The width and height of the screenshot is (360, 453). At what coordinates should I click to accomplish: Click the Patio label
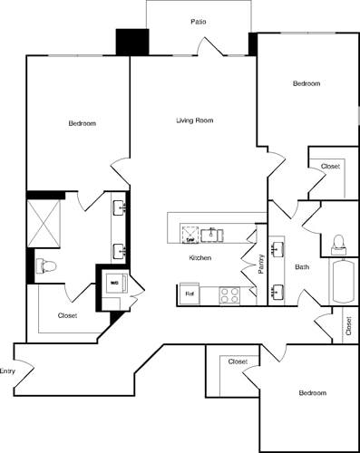198,20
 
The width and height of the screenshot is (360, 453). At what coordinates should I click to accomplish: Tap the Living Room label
194,120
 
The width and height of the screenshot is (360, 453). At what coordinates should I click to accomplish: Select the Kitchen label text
200,258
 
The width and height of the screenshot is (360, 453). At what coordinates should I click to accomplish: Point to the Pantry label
261,264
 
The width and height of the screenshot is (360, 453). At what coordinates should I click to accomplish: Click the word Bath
302,266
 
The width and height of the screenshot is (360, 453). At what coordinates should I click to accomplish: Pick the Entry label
8,371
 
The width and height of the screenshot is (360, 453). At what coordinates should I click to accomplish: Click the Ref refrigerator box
190,294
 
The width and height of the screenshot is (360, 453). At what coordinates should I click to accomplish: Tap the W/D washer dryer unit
114,283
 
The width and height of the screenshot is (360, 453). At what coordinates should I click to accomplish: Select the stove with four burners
228,294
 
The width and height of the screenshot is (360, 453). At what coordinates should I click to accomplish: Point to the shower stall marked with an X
44,220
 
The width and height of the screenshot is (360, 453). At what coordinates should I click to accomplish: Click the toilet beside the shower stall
45,265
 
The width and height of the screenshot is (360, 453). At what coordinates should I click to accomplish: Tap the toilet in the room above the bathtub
339,241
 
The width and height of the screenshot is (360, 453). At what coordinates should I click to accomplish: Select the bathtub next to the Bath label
345,282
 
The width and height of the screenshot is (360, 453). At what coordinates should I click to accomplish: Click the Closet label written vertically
349,325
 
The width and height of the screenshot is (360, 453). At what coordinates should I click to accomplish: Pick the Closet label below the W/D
67,315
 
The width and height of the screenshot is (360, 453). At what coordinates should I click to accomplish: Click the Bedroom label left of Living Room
82,123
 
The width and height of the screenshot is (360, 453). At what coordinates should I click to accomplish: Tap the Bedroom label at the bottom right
312,392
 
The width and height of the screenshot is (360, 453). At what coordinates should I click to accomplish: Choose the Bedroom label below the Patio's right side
306,83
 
